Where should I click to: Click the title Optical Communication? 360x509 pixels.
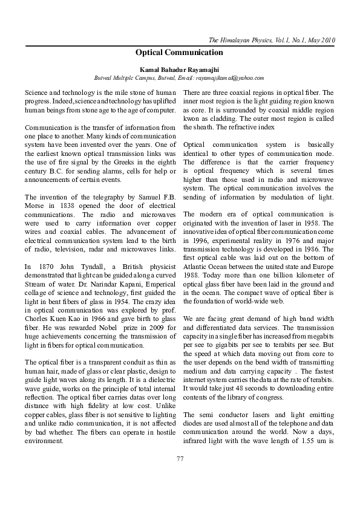click(180, 53)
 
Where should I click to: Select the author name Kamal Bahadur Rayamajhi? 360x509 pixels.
click(180, 70)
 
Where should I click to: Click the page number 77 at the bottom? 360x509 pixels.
click(180, 459)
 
